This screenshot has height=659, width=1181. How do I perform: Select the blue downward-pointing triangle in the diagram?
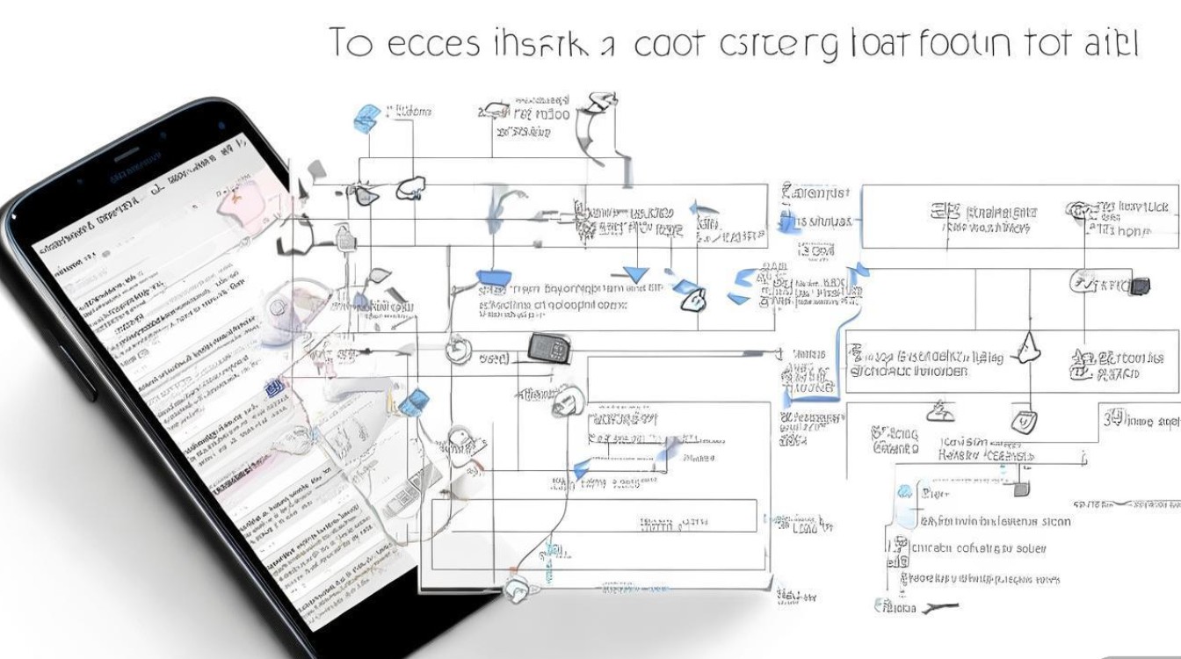click(634, 273)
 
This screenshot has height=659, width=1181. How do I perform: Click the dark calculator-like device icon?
click(549, 348)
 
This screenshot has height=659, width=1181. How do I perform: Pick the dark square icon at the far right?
click(1140, 285)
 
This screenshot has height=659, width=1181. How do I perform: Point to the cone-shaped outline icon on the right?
click(1027, 348)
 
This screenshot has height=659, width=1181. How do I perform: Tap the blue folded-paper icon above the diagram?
click(367, 117)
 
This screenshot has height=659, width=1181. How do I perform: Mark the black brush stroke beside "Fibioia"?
click(940, 605)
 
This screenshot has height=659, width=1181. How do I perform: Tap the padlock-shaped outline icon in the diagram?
click(345, 235)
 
